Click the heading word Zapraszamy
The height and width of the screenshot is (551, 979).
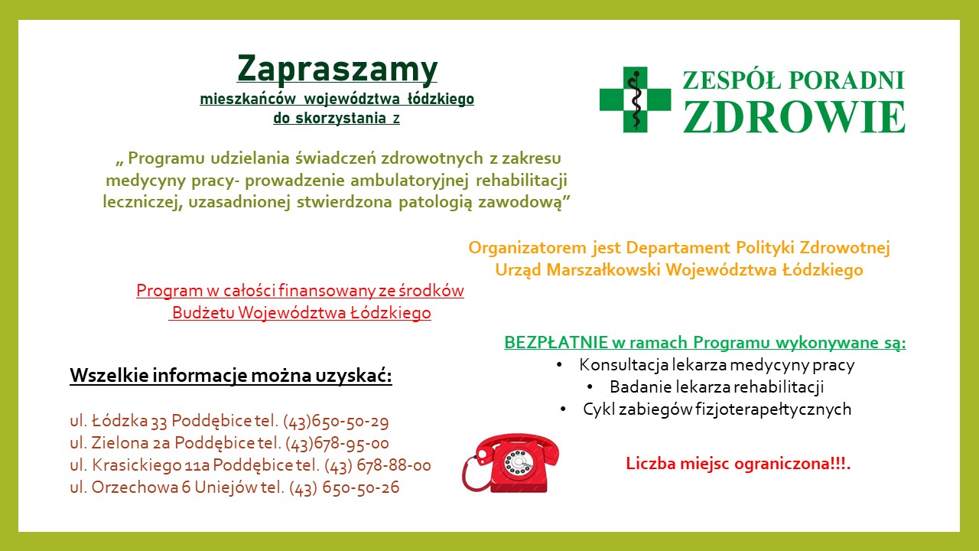(337, 69)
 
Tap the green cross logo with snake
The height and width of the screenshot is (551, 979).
(635, 99)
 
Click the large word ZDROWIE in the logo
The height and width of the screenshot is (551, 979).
(794, 116)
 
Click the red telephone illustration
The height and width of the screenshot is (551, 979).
(510, 463)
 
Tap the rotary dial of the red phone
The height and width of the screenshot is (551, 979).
(519, 462)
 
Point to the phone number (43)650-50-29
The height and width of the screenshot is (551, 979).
(336, 421)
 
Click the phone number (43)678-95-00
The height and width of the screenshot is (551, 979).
(337, 443)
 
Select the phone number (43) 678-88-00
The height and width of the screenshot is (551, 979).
(378, 465)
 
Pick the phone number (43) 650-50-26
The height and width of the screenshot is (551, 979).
(344, 487)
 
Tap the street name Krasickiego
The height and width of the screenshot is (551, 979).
(136, 465)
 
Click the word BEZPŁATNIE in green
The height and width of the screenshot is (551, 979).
(556, 342)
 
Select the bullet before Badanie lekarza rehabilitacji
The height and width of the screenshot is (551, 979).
(590, 387)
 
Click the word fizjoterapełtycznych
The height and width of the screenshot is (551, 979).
(773, 409)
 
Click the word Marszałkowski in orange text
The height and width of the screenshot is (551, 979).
(603, 270)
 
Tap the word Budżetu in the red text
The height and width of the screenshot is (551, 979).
(203, 313)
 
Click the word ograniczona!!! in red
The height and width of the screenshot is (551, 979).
(792, 464)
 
